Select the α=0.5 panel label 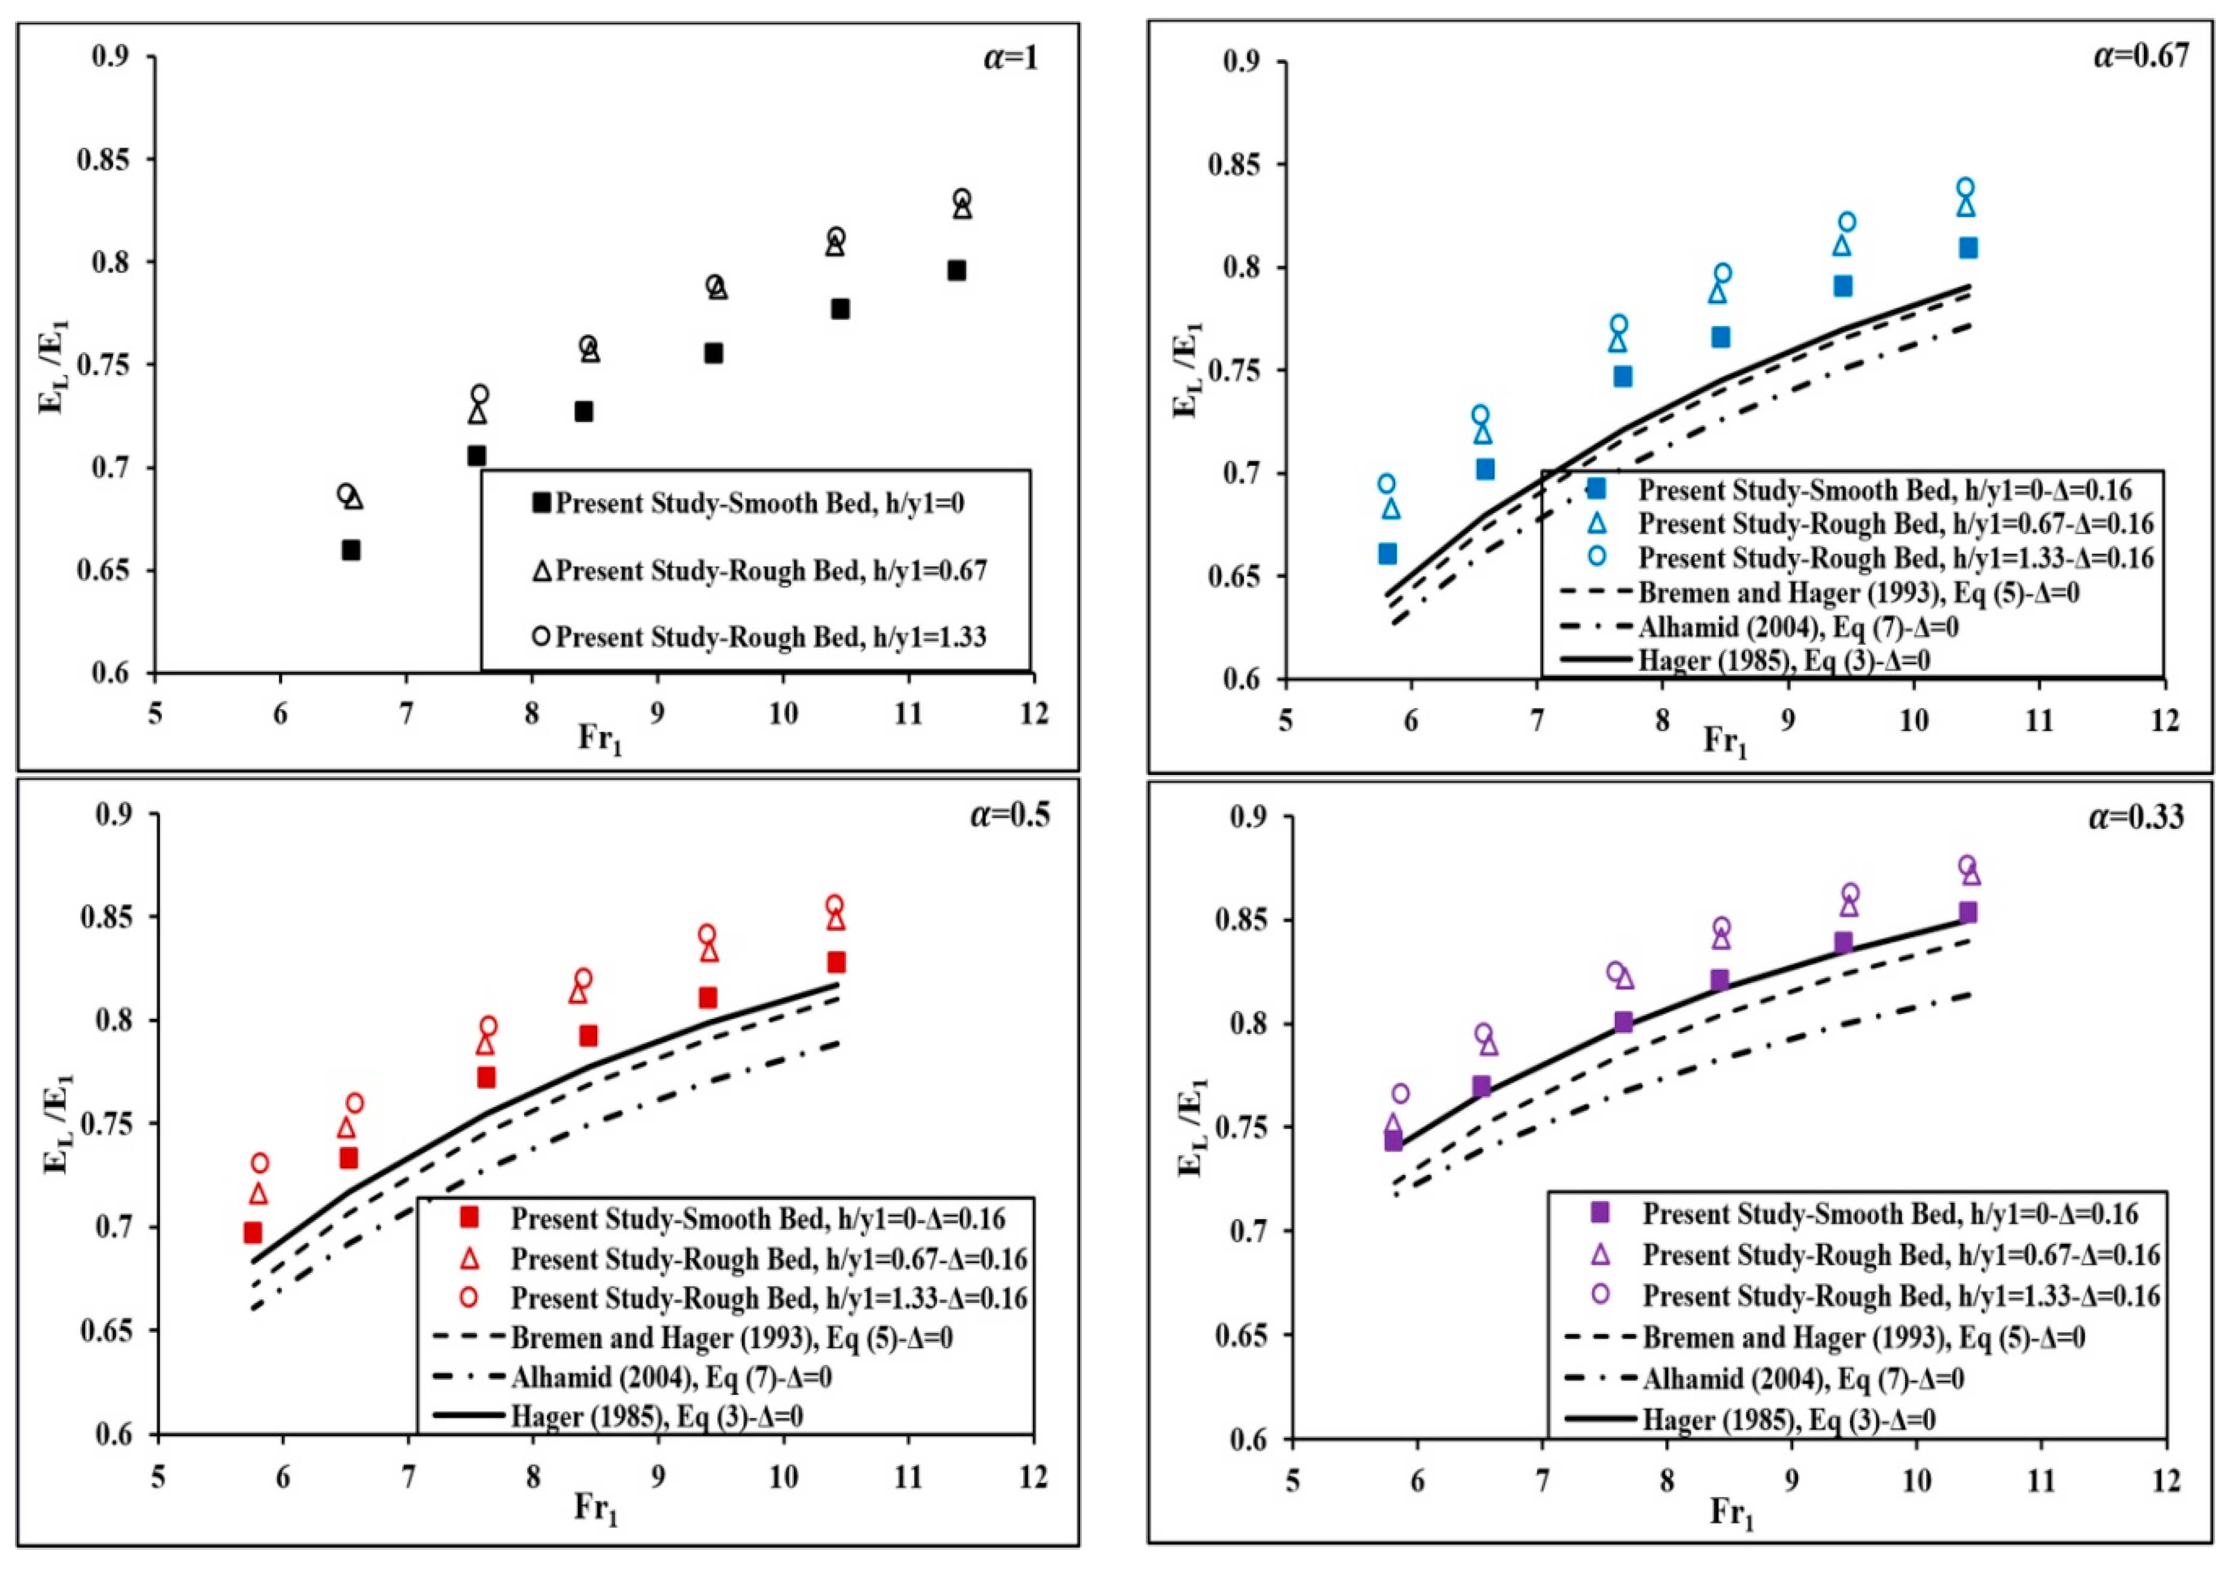click(1009, 814)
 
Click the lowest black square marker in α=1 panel click(351, 550)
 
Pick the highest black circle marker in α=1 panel click(962, 199)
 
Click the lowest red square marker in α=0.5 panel click(253, 1232)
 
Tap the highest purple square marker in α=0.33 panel click(1967, 912)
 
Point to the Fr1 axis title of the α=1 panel click(599, 740)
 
